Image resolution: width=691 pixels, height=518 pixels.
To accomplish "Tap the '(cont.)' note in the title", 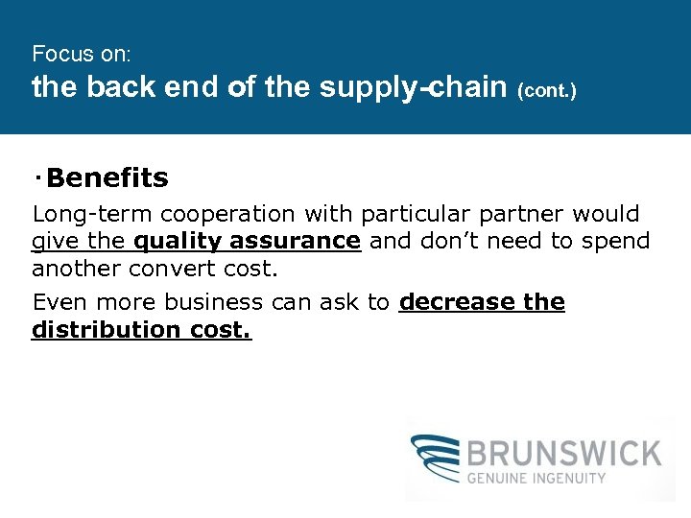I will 547,92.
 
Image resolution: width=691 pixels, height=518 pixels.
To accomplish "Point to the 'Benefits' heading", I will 107,178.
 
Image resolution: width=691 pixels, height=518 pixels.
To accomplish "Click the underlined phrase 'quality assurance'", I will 248,241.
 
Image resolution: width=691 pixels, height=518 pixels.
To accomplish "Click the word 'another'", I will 70,268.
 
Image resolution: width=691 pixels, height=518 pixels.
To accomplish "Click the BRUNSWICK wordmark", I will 563,453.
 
